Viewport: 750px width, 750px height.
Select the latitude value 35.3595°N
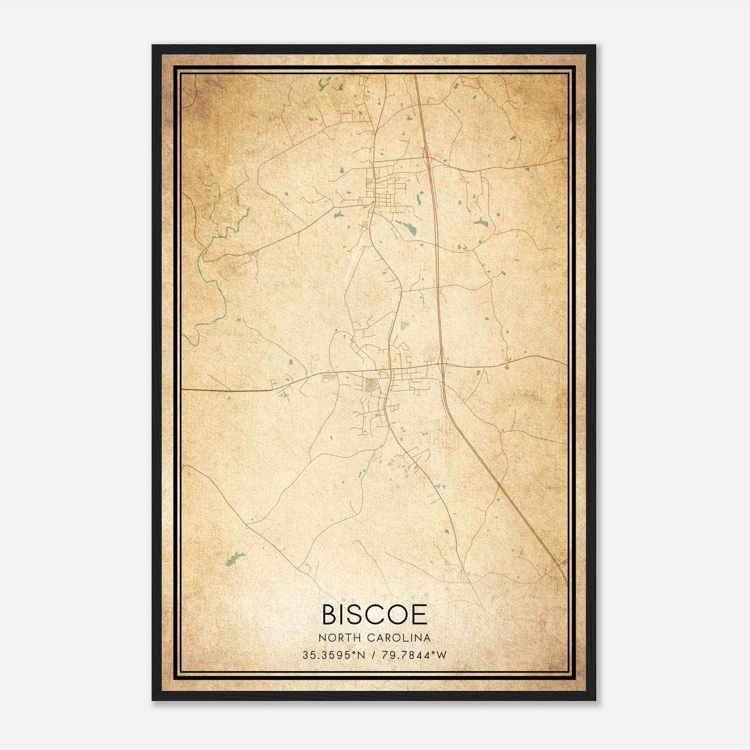point(333,655)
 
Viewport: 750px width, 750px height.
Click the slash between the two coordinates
point(373,655)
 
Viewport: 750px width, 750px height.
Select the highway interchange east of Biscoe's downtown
point(442,362)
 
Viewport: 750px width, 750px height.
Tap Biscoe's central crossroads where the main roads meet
point(389,372)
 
